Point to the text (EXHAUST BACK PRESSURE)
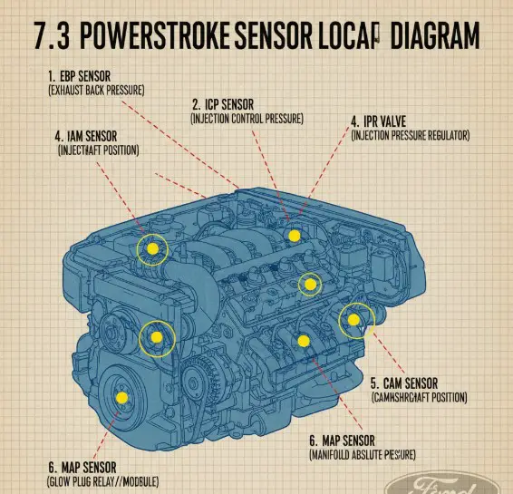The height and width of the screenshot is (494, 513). pos(96,91)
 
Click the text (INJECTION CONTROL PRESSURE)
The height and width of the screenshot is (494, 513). pos(247,118)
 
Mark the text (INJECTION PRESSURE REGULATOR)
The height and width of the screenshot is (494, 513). pos(410,135)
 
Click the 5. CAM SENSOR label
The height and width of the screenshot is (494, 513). pos(404,383)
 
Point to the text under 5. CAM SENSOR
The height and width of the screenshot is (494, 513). pos(420,397)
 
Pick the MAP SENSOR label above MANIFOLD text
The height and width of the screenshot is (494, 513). pos(349,439)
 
